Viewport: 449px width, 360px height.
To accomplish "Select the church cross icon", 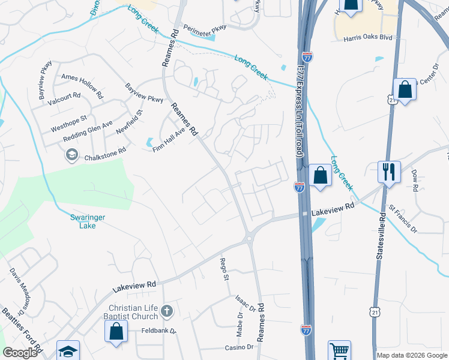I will [167, 311].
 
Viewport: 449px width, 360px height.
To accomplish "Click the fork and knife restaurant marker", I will [389, 172].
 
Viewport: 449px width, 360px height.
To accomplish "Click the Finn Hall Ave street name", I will [169, 140].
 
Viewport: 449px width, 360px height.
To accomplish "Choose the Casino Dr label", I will [239, 347].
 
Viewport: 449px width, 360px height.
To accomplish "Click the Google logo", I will [19, 353].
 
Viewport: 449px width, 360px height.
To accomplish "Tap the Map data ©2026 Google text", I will [412, 355].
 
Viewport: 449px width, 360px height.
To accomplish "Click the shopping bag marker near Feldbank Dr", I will [116, 332].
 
